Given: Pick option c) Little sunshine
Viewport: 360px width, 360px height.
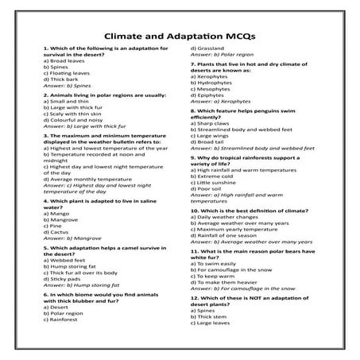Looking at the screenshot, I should (219, 182).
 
